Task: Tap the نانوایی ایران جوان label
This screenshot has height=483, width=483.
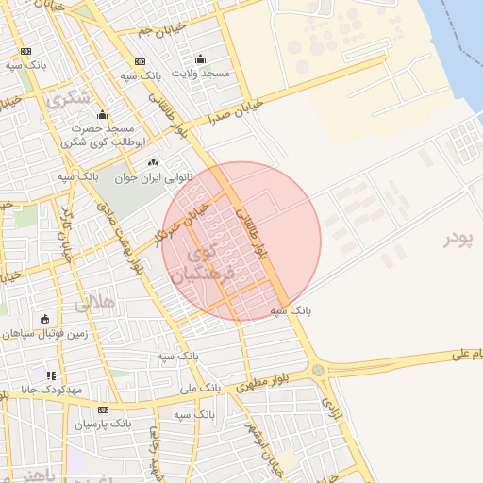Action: click(x=153, y=176)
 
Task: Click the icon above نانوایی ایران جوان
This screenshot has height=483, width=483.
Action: click(x=153, y=163)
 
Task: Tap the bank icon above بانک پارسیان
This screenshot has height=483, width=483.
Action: click(x=103, y=409)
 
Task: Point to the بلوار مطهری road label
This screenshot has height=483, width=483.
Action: click(x=266, y=381)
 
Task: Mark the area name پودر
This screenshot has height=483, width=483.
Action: click(x=458, y=239)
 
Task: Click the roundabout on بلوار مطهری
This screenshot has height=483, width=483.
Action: click(x=318, y=370)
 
